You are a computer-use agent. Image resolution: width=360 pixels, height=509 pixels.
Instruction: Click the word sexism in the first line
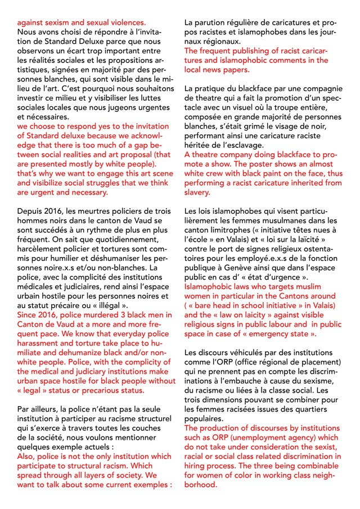[64, 23]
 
